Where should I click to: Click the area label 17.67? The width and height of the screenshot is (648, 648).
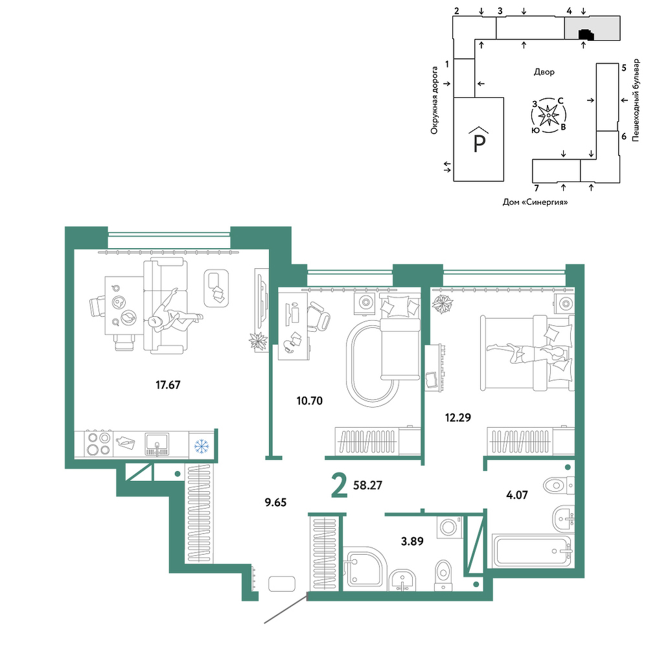[168, 385]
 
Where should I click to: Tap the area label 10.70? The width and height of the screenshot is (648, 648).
[310, 400]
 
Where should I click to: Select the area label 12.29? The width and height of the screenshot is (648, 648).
[458, 417]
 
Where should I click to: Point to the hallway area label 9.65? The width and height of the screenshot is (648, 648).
[275, 503]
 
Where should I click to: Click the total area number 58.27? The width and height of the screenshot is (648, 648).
[368, 485]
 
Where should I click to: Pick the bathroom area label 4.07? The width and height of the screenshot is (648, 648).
[517, 494]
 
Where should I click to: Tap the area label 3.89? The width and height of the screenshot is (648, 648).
[412, 541]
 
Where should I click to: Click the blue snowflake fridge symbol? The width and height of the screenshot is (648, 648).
[202, 446]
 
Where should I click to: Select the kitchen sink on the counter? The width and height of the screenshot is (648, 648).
[157, 445]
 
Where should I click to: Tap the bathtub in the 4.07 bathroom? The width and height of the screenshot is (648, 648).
[531, 551]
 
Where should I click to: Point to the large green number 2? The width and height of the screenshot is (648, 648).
[340, 487]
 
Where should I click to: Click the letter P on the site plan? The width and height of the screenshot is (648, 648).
[479, 143]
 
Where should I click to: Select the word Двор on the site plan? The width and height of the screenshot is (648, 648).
[544, 73]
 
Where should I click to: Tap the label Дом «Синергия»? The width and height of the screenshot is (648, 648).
[535, 202]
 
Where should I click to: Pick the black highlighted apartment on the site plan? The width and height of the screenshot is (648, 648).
[586, 35]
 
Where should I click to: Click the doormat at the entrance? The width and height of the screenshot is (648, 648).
[281, 584]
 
